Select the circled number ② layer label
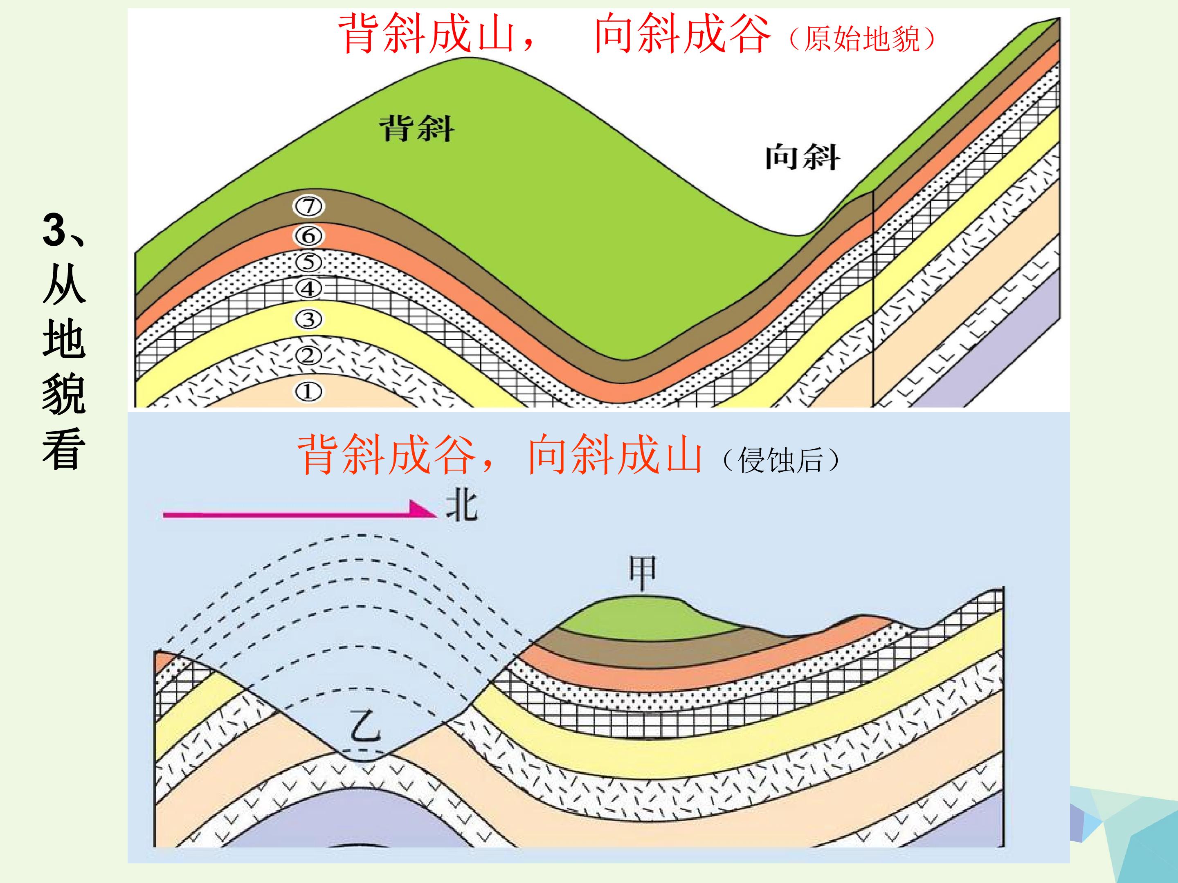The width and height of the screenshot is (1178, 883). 308,355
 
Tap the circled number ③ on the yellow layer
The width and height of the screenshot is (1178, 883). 308,319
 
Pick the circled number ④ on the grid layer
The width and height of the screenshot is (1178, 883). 308,289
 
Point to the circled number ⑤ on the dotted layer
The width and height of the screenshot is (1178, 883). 309,262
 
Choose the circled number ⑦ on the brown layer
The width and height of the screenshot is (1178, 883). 309,206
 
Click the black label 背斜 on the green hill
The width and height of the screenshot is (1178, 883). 417,129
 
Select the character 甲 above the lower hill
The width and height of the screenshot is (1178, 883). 643,573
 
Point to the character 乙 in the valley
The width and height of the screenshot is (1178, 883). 366,726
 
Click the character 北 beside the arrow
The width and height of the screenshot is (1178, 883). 462,505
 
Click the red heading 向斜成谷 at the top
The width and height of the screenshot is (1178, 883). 682,34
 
